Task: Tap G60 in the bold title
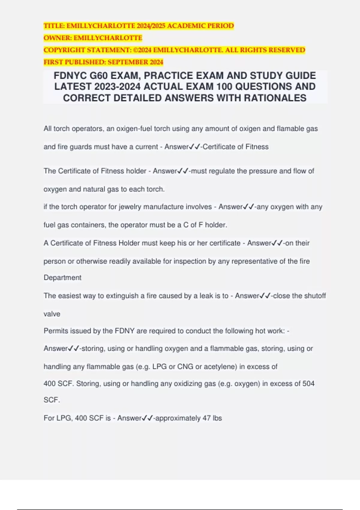click(x=100, y=75)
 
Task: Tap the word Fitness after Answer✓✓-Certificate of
click(x=257, y=147)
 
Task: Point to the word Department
click(x=62, y=277)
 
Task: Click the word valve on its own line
click(x=52, y=314)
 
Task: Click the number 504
click(x=308, y=383)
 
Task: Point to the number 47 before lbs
click(x=206, y=418)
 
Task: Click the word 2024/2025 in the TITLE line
click(x=151, y=26)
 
